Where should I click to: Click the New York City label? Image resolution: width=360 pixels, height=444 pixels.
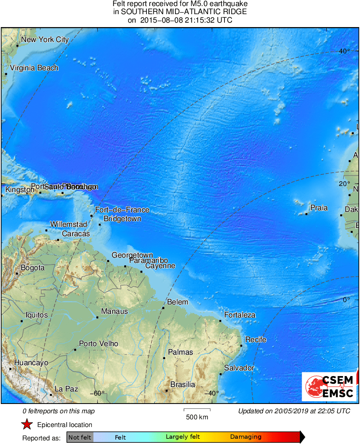click(45, 40)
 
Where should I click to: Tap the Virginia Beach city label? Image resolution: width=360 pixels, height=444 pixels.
click(34, 68)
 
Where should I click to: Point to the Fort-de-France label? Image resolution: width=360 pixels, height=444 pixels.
click(122, 210)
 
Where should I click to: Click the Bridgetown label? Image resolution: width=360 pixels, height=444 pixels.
click(123, 219)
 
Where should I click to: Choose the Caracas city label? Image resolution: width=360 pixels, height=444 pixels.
click(76, 234)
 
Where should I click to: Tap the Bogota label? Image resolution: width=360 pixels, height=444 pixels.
click(32, 268)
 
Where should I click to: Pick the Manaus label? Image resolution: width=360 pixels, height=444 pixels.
click(114, 311)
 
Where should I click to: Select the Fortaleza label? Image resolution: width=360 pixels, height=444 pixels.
click(240, 315)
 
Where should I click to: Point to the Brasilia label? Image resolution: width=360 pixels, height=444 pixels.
click(183, 385)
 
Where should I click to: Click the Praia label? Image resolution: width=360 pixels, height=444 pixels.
click(319, 208)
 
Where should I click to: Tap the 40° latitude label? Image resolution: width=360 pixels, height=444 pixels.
click(344, 51)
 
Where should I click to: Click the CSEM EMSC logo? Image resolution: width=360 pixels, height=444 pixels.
click(329, 386)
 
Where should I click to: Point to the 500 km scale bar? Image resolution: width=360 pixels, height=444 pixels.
click(197, 410)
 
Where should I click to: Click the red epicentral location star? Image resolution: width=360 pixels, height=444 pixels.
click(27, 425)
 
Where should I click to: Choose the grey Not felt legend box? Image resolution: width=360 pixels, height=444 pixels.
click(80, 437)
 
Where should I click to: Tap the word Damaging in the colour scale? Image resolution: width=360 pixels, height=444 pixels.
click(246, 437)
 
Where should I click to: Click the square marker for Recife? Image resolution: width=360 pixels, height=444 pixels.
click(241, 346)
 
